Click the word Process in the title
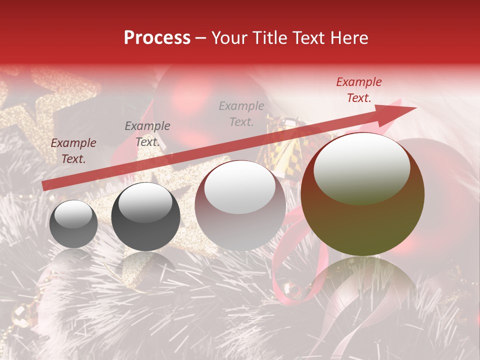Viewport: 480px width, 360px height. [x=157, y=37]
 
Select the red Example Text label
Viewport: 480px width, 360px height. [x=358, y=90]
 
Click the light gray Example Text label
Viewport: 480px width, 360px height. [x=241, y=113]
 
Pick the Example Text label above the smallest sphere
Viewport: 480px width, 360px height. [x=73, y=151]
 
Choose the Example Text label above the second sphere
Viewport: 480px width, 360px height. [x=147, y=134]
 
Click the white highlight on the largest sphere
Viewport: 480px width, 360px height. [x=361, y=167]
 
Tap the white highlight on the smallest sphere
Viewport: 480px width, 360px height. [x=73, y=214]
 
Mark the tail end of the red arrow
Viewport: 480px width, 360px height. [x=44, y=186]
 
